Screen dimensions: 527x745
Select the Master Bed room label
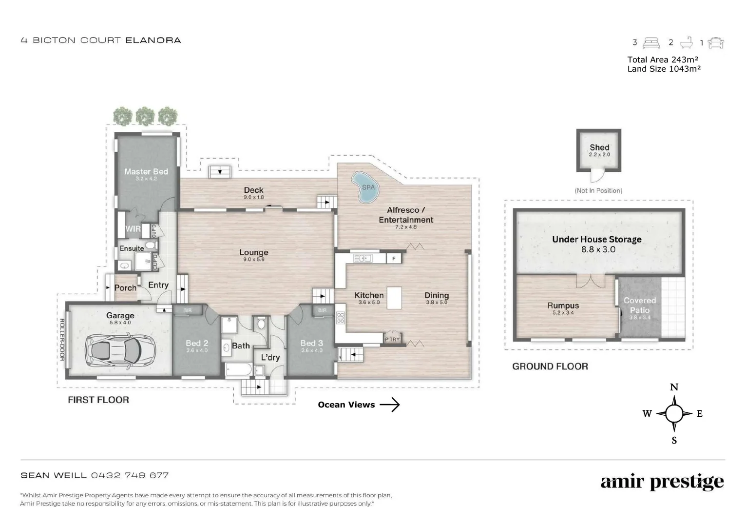tap(146, 172)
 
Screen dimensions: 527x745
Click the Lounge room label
tap(253, 253)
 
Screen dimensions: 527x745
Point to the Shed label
tap(599, 147)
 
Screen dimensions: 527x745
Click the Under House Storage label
tap(596, 240)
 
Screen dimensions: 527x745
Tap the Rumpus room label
tap(563, 306)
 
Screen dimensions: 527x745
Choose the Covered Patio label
tap(639, 305)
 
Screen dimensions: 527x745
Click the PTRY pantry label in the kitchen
tap(392, 339)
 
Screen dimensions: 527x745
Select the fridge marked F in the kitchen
tap(394, 259)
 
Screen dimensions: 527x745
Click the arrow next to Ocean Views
tap(389, 405)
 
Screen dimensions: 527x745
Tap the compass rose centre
tap(674, 414)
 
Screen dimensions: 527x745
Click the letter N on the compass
tap(674, 387)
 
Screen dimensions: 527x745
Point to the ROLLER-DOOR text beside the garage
tap(62, 340)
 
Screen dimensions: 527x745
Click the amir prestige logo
tap(662, 482)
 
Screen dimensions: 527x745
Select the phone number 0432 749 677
tap(130, 475)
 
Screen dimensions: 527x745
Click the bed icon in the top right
tap(651, 43)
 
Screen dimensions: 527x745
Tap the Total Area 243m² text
tap(663, 60)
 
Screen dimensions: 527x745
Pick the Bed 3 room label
tap(311, 344)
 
